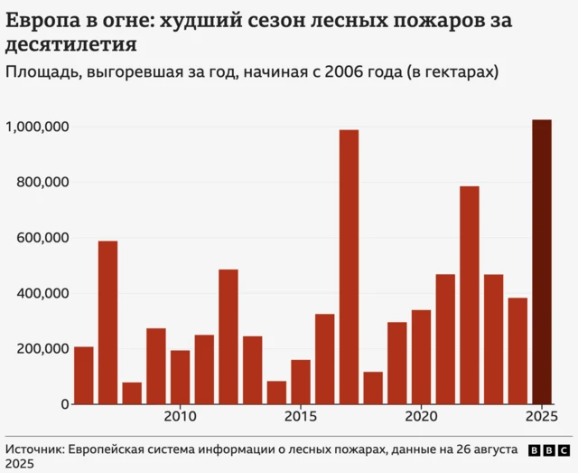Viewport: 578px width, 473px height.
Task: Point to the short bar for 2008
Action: click(x=132, y=393)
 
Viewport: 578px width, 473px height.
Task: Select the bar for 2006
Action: click(x=84, y=374)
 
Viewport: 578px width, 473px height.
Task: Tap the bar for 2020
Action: click(x=421, y=356)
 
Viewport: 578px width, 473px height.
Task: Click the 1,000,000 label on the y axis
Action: click(x=38, y=128)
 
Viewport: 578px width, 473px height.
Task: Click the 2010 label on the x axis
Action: click(x=180, y=417)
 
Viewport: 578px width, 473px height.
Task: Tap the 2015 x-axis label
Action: click(x=301, y=417)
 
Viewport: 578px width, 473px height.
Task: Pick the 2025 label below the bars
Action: click(x=541, y=417)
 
